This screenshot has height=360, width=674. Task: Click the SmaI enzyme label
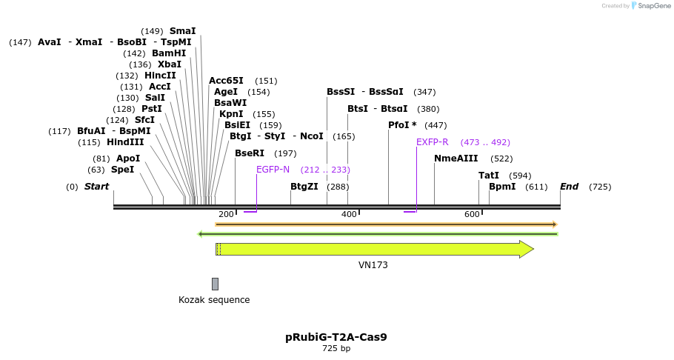[x=182, y=31]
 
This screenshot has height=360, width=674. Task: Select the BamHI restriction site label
[x=169, y=53]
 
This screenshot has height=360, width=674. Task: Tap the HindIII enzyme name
[x=125, y=142]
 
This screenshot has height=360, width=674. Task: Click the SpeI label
[x=123, y=170]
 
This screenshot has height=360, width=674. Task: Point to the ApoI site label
[x=128, y=159]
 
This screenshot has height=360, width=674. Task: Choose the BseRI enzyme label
[x=250, y=153]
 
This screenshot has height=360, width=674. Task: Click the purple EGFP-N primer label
[x=273, y=170]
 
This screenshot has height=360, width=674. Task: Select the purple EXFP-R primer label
[x=433, y=142]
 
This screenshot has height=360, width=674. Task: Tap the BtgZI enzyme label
[x=304, y=187]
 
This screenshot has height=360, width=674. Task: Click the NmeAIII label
[x=456, y=159]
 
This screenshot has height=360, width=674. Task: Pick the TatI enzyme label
[x=489, y=176]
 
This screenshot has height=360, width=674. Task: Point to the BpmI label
[x=502, y=187]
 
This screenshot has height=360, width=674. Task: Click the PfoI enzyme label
[x=402, y=125]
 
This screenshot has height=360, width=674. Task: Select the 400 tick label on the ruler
[x=349, y=214]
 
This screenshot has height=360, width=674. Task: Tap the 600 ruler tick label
[x=472, y=214]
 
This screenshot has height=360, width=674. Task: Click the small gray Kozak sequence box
[x=215, y=284]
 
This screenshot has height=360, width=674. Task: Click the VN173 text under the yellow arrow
[x=373, y=265]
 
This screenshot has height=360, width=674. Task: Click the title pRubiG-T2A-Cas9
[x=336, y=337]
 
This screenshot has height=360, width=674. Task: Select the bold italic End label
[x=570, y=187]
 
